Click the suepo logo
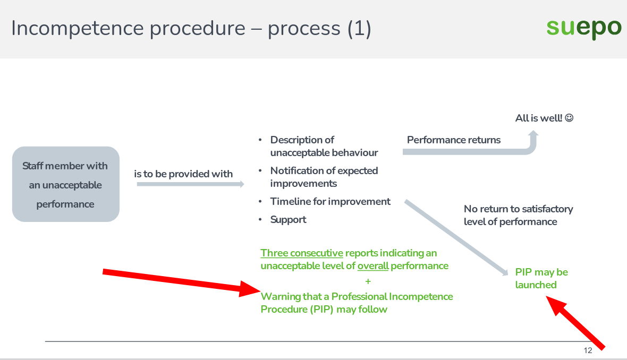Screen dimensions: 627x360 [x=584, y=28]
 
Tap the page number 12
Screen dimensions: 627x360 [x=588, y=350]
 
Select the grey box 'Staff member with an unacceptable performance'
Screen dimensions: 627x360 [x=66, y=184]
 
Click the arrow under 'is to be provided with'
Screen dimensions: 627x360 [x=190, y=184]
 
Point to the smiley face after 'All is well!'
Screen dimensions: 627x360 [x=569, y=118]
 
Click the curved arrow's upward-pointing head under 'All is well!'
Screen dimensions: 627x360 [x=533, y=135]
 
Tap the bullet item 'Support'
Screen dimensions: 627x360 [x=288, y=220]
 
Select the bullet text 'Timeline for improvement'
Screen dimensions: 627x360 [x=331, y=201]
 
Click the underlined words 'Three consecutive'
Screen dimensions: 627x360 [x=302, y=253]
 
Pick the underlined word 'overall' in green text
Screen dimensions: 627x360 [x=373, y=265]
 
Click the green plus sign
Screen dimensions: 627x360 [x=368, y=281]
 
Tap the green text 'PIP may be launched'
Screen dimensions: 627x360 [x=541, y=278]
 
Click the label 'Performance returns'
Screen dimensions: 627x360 [x=454, y=140]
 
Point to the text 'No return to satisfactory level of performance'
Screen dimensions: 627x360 [x=518, y=216]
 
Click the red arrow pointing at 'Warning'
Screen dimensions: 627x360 [x=182, y=281]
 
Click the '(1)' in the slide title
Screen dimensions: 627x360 [x=359, y=29]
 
